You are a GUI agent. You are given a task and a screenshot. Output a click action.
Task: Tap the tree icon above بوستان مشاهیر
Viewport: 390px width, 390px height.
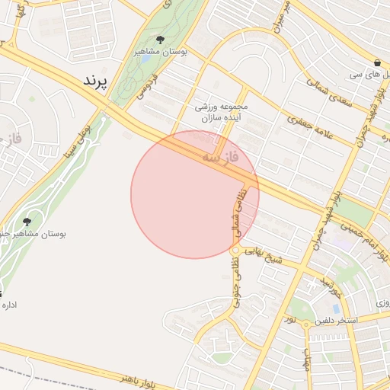coord(159,40)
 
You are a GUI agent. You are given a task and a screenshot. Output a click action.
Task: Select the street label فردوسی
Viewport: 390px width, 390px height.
coord(147,87)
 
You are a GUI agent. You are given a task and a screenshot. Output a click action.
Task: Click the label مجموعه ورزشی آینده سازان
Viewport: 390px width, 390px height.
coord(222,113)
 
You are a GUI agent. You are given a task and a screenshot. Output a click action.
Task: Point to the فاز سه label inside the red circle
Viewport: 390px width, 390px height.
coord(221,157)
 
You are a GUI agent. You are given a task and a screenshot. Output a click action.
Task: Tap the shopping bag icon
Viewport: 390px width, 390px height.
coord(378,62)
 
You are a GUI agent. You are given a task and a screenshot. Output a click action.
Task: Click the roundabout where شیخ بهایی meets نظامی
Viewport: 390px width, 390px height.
coord(235,250)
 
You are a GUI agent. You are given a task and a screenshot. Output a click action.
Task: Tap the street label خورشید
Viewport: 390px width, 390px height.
coord(330,288)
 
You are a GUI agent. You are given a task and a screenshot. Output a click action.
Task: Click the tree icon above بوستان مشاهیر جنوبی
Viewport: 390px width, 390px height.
coord(27,222)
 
